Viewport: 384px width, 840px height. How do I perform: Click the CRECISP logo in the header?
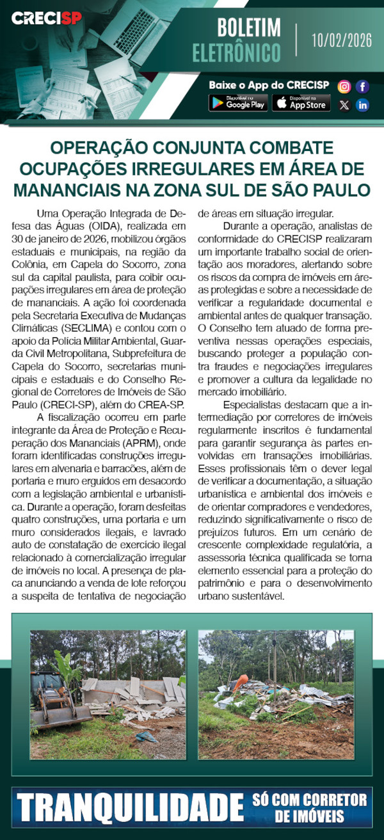pyautogui.click(x=47, y=19)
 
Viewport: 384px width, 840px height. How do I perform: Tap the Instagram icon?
pyautogui.click(x=344, y=86)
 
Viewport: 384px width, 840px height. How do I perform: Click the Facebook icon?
pyautogui.click(x=362, y=86)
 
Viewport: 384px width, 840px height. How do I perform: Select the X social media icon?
pyautogui.click(x=344, y=105)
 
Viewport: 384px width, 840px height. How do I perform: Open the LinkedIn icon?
pyautogui.click(x=362, y=105)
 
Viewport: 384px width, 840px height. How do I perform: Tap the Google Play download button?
pyautogui.click(x=238, y=102)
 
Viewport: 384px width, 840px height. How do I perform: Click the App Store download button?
pyautogui.click(x=301, y=102)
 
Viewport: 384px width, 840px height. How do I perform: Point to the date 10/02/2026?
pyautogui.click(x=342, y=40)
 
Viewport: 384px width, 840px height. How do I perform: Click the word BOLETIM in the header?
pyautogui.click(x=249, y=28)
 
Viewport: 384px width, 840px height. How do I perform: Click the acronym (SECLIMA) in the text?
pyautogui.click(x=111, y=328)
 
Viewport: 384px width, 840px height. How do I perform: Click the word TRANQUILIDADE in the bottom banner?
pyautogui.click(x=128, y=808)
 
